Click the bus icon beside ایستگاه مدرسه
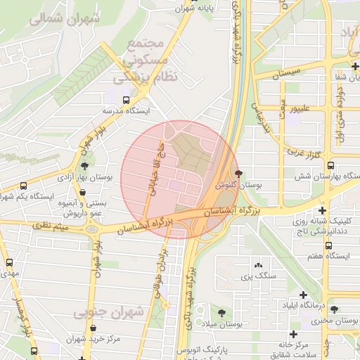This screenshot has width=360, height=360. click(x=126, y=100)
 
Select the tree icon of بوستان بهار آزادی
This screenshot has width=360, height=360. click(x=85, y=167)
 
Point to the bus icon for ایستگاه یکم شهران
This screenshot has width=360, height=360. click(x=25, y=186)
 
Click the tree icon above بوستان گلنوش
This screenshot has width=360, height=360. click(x=239, y=173)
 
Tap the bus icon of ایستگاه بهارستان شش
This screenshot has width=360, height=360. click(x=328, y=164)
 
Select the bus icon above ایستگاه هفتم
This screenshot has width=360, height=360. click(x=328, y=245)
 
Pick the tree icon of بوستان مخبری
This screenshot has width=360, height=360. click(x=334, y=309)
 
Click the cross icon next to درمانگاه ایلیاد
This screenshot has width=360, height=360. click(x=304, y=295)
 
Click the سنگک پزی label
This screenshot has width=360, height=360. click(x=256, y=276)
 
